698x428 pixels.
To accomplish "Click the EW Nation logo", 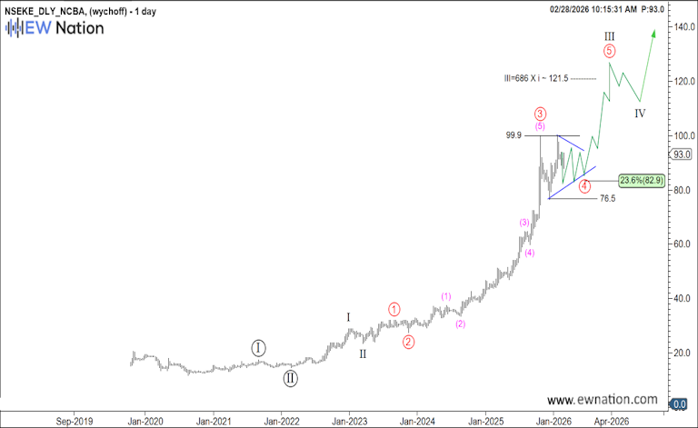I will (x=55, y=27).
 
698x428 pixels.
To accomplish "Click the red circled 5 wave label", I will (x=610, y=51).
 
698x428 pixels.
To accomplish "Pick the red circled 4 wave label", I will (x=584, y=185).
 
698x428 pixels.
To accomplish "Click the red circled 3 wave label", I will (x=540, y=114).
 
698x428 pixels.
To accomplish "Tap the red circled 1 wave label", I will (x=394, y=309).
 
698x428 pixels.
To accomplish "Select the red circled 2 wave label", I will (x=409, y=342).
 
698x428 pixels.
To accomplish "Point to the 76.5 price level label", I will (x=608, y=198).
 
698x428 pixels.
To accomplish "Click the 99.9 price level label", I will (x=514, y=135).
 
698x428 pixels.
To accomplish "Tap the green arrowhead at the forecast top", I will (x=653, y=33).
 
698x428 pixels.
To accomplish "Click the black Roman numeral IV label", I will (x=640, y=114).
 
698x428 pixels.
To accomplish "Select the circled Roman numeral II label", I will (x=289, y=378).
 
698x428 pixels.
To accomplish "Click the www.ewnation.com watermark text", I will (x=603, y=400).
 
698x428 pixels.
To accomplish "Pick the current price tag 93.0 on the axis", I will (x=683, y=154).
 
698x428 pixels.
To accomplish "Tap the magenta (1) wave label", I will (x=446, y=296).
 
